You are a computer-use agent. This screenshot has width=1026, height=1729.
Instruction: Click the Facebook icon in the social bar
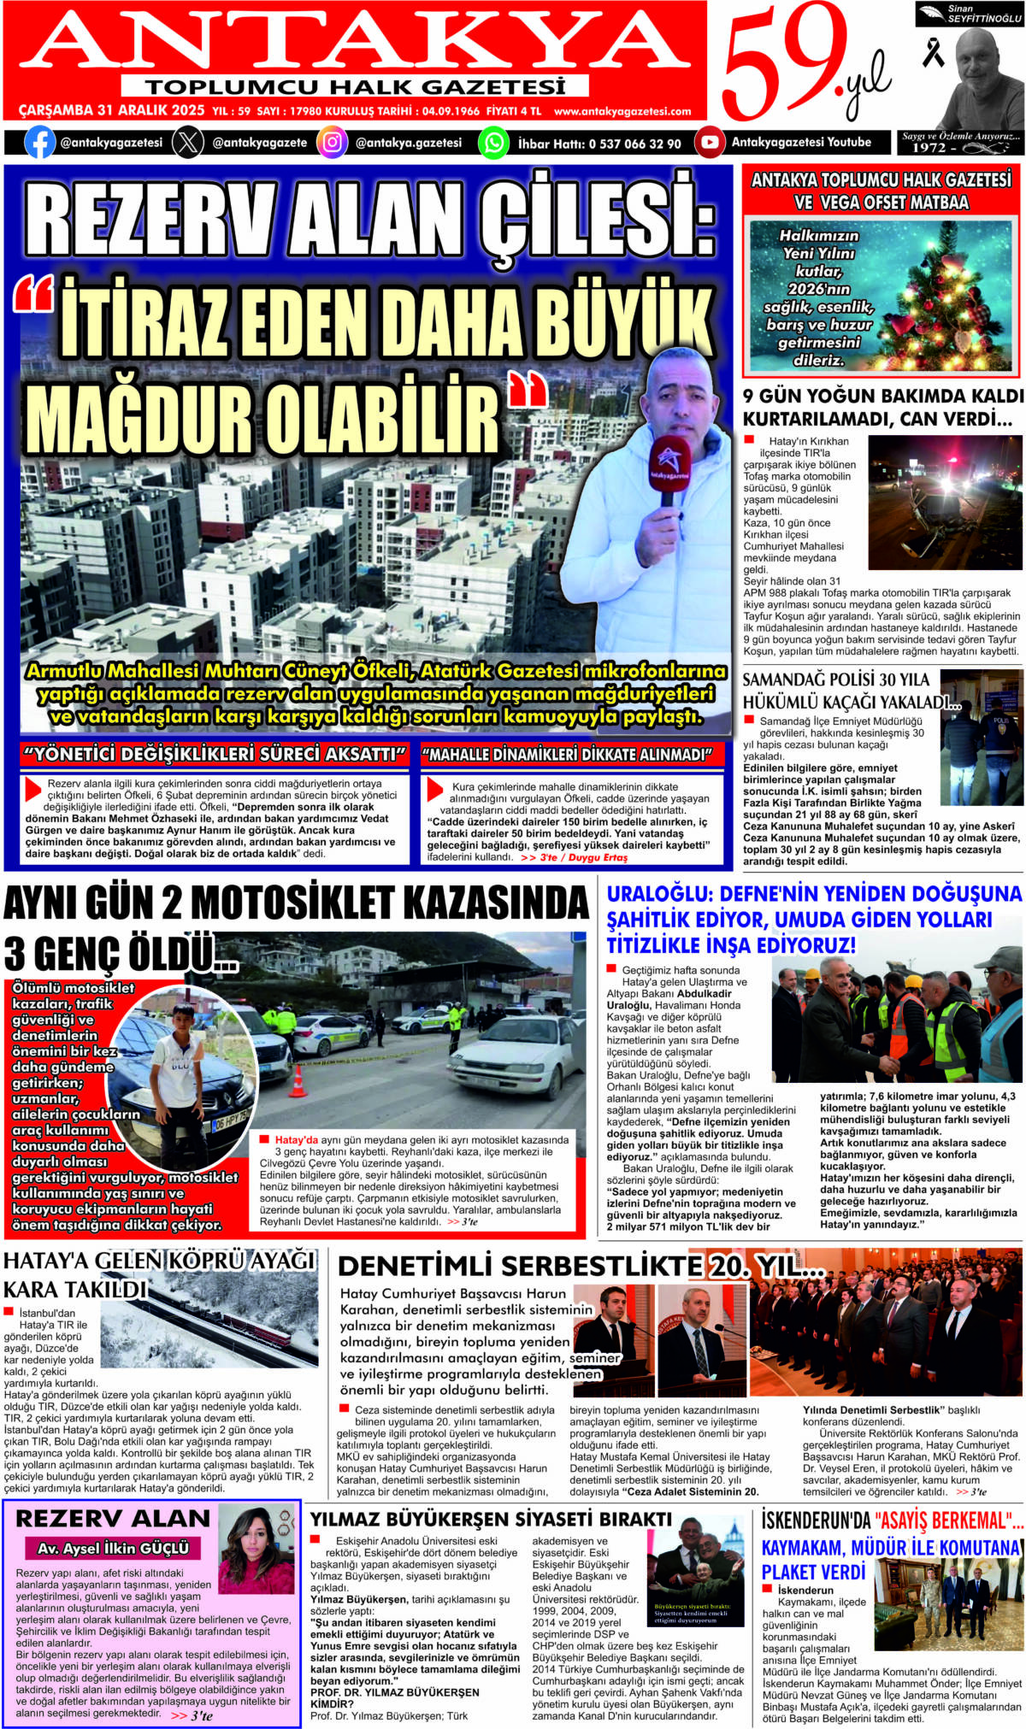coord(39,142)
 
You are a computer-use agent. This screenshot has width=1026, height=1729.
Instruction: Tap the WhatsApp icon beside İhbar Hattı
coord(493,142)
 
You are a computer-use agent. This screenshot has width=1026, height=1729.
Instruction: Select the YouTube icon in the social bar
coord(709,142)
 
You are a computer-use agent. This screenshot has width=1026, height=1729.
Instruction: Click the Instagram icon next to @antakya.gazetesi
coord(332,142)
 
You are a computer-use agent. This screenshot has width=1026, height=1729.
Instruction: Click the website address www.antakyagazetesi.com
coord(622,111)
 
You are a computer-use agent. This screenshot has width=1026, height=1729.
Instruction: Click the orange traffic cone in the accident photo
coord(298,1081)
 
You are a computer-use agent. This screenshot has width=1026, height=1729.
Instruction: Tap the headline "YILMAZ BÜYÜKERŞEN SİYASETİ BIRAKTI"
coord(491,1519)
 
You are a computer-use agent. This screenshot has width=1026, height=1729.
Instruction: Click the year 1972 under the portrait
coord(929,148)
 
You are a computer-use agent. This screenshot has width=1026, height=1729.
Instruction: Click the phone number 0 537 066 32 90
coord(635,144)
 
